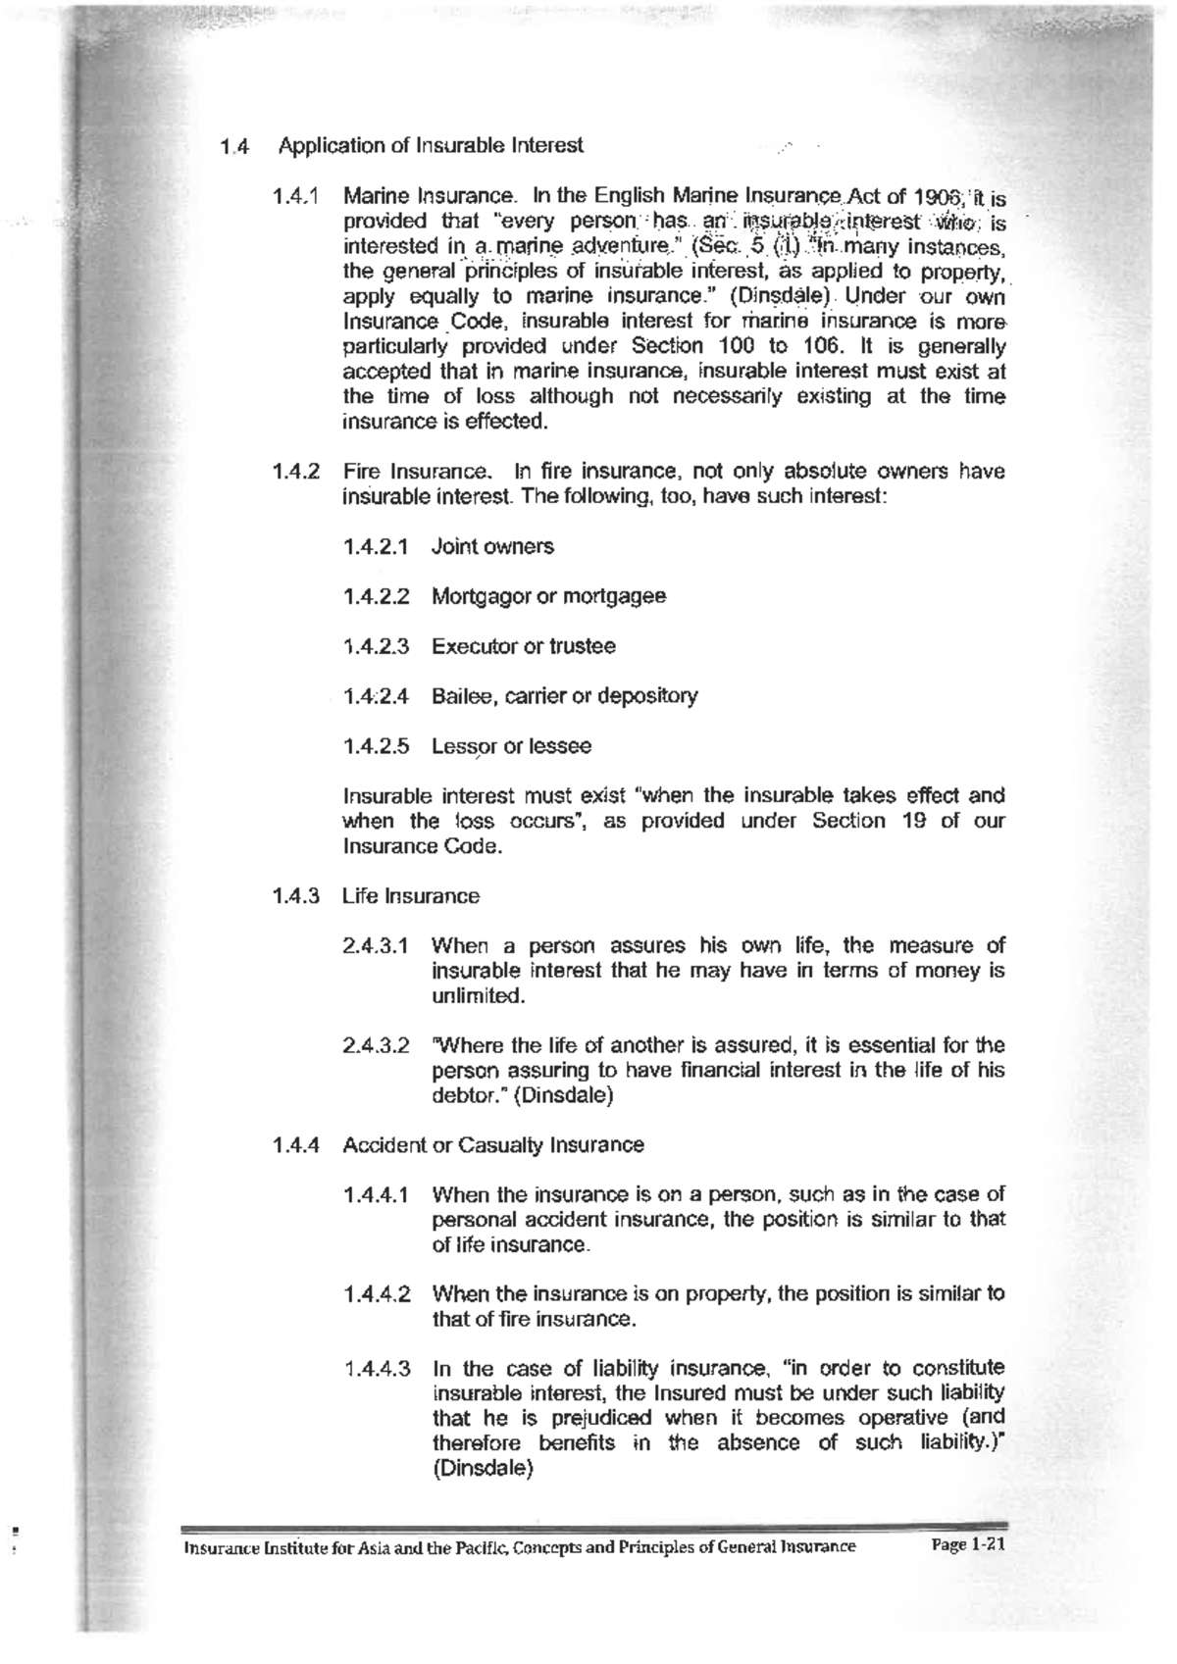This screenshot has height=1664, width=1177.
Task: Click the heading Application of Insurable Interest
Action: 431,146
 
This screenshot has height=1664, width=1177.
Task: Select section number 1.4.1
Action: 296,196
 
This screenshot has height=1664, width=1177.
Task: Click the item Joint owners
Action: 492,546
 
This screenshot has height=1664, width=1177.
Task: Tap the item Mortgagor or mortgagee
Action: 548,596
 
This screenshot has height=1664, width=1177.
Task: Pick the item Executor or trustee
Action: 524,646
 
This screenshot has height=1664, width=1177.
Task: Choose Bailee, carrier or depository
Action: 565,696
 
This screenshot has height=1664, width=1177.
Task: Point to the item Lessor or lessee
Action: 511,746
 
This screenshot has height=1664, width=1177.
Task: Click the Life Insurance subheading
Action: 411,896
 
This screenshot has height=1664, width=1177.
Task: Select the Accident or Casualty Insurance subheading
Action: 493,1145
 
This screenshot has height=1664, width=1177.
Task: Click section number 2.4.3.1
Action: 376,946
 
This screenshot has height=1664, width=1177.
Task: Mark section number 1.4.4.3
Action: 378,1368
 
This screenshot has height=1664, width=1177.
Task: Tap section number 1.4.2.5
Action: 377,746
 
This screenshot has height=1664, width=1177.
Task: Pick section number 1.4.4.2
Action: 378,1293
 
